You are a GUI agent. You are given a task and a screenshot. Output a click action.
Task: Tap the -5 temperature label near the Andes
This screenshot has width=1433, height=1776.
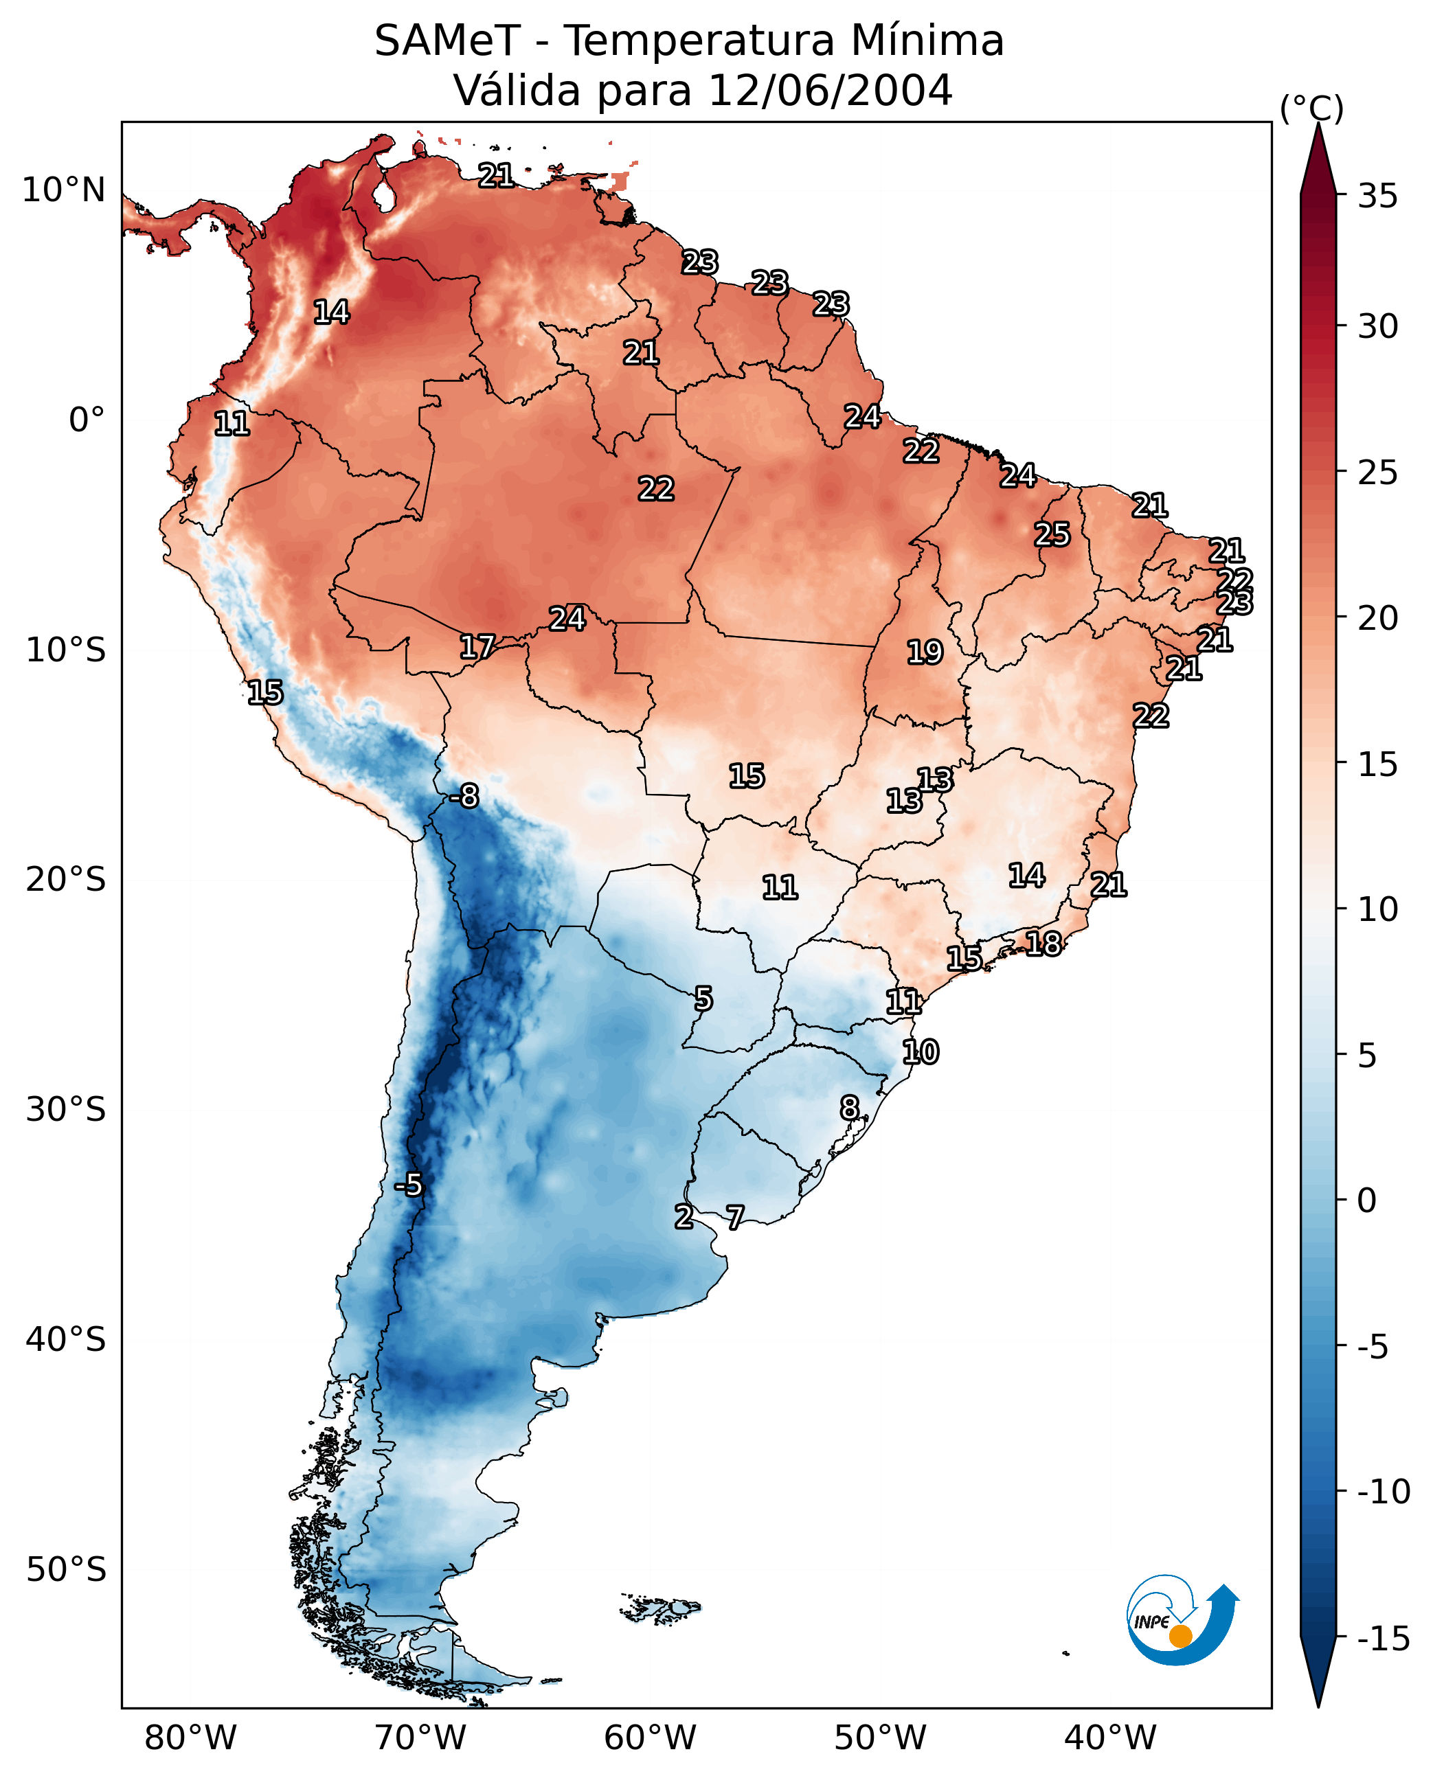point(408,1185)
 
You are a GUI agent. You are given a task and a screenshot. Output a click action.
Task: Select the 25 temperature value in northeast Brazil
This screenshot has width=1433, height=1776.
point(1052,535)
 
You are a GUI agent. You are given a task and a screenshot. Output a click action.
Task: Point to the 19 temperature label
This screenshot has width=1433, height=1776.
point(925,652)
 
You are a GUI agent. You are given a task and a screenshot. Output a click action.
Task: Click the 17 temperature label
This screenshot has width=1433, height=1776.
point(477,647)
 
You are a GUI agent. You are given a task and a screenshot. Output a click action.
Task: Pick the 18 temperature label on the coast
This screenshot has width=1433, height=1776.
point(1043,944)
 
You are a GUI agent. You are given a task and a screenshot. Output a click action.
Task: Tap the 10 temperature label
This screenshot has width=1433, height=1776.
point(921,1052)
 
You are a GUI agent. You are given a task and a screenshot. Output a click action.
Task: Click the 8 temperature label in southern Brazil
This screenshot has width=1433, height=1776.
point(849,1108)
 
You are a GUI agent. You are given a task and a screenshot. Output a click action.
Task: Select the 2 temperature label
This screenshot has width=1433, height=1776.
point(684,1216)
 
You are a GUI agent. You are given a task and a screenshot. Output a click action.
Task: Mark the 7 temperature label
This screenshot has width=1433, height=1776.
point(734,1216)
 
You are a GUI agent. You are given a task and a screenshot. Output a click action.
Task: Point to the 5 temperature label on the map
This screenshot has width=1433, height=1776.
point(703,999)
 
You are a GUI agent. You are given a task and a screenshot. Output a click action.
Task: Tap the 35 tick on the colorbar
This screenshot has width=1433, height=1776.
point(1377,196)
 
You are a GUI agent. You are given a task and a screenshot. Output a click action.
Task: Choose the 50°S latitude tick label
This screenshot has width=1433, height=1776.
point(66,1569)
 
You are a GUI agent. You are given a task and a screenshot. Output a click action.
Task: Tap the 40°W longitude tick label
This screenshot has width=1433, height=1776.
point(1110,1738)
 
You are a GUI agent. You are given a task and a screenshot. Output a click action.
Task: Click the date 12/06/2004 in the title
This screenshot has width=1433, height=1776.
point(831,90)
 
